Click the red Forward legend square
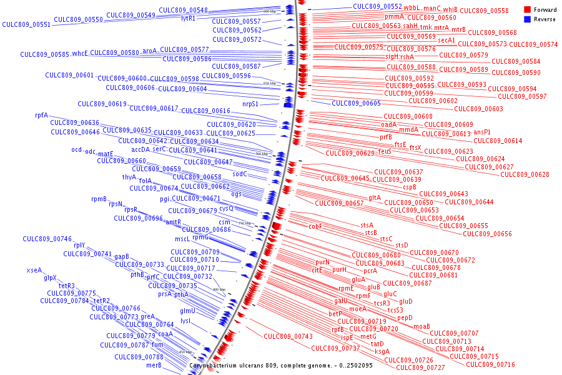(x=527, y=10)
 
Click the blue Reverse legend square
(x=527, y=19)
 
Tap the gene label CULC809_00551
(x=26, y=25)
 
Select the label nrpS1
(x=250, y=104)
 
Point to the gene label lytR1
(x=188, y=18)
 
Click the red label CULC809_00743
(x=288, y=336)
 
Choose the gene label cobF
(x=315, y=227)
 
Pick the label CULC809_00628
(x=525, y=174)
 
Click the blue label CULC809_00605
(x=356, y=103)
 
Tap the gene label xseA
(x=34, y=271)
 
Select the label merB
(x=154, y=365)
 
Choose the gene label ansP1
(x=482, y=132)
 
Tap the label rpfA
(x=41, y=116)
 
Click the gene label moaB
(x=421, y=326)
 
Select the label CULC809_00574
(x=533, y=44)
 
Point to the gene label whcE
(x=80, y=53)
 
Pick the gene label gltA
(x=374, y=197)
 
